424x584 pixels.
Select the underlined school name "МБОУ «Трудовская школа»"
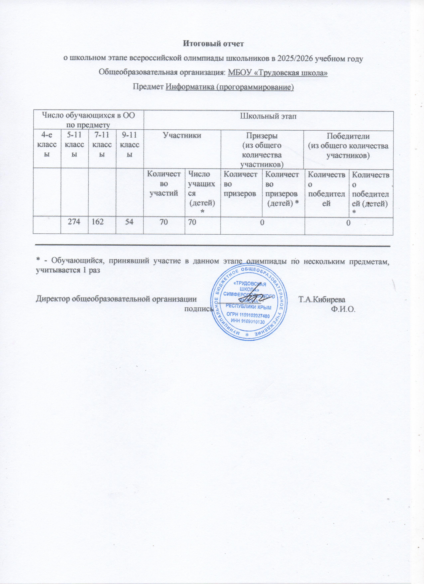(x=278, y=73)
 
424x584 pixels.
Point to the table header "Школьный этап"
(x=268, y=116)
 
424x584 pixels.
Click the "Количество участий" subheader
(x=164, y=184)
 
